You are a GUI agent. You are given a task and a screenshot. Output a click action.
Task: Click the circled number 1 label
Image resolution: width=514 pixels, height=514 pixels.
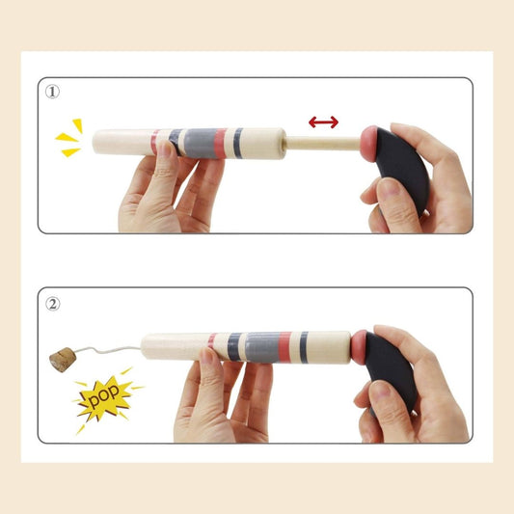coord(52,92)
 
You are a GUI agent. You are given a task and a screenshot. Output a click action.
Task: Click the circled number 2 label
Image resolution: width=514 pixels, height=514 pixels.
coord(52,304)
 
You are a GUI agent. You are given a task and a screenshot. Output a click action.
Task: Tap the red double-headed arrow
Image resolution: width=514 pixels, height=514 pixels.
coord(324,122)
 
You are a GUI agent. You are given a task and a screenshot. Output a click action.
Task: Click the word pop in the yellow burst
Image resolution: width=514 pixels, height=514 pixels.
coord(103,395)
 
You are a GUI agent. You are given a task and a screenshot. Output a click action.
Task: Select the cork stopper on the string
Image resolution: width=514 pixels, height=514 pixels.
coord(63,360)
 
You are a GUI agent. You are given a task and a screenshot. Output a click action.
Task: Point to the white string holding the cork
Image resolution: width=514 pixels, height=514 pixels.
coord(108,350)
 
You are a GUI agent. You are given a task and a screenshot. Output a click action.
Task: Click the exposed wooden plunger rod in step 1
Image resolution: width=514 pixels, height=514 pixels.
coord(324,144)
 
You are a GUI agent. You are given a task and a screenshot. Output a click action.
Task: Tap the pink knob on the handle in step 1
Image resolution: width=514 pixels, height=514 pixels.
coord(369,144)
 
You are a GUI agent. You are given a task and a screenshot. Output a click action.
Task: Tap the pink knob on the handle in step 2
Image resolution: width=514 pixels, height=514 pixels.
coord(360,347)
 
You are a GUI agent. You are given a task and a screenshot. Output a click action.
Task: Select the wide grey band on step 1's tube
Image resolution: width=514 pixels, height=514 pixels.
coord(200,144)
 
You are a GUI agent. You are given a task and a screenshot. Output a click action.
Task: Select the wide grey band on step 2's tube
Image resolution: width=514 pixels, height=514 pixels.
coord(262,347)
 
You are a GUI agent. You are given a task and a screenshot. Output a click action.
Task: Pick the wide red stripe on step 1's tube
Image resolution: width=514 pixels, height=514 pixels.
coord(220,144)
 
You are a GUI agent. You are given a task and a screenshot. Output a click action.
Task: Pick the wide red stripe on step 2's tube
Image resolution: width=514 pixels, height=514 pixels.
coord(284,347)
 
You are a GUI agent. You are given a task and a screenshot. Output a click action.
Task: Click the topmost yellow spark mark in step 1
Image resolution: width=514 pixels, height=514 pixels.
coord(78,125)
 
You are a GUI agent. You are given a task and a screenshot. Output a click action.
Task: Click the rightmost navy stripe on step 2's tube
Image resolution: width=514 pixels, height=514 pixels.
coord(304,347)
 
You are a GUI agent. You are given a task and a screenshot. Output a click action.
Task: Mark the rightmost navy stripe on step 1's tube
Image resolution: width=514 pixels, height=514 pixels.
coord(238,144)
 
